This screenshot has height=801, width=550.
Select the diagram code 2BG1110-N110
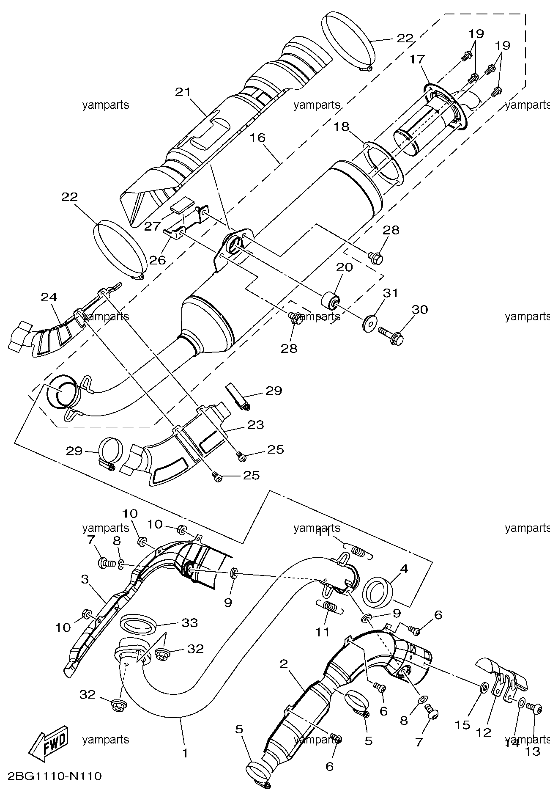click(x=55, y=776)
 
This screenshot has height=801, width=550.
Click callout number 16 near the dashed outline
click(x=257, y=138)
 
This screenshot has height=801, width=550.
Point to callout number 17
click(x=417, y=59)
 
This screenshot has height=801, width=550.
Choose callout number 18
click(x=342, y=127)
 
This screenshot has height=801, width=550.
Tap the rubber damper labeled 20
click(x=331, y=301)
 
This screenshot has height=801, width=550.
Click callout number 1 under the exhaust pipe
click(x=184, y=753)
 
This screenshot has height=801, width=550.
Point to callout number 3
click(x=85, y=579)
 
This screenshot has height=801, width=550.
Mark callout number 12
click(x=484, y=732)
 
